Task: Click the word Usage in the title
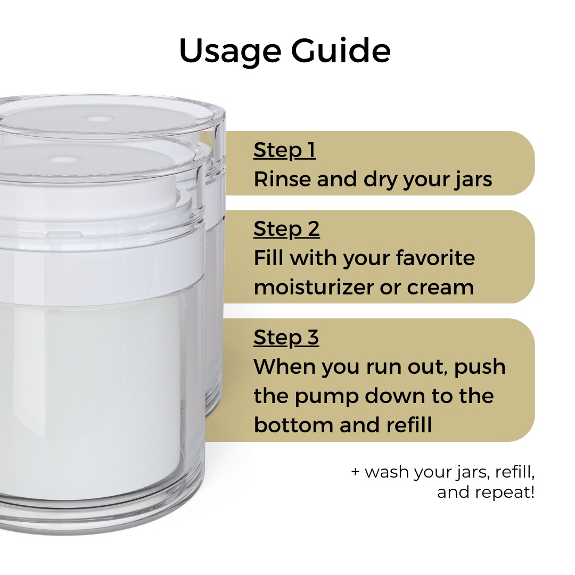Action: [230, 52]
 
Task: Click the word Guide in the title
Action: [341, 51]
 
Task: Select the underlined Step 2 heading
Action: [286, 229]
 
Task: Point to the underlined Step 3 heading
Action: [286, 338]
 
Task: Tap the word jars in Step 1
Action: [473, 180]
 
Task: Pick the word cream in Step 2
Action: [440, 288]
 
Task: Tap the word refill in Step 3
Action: [408, 425]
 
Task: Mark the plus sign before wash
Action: [356, 472]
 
